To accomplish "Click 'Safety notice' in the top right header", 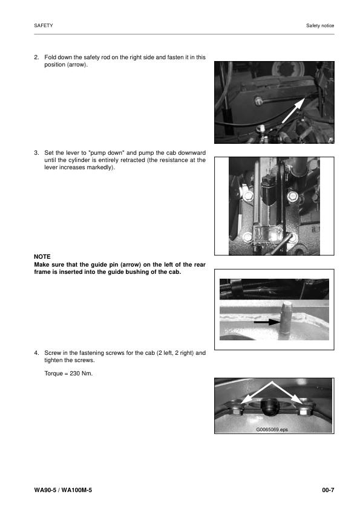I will click(320, 26).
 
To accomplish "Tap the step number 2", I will click(36, 57).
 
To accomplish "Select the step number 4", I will click(36, 352).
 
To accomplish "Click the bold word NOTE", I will click(42, 257).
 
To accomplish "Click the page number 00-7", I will click(328, 488).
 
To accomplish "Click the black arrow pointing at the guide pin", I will click(266, 323).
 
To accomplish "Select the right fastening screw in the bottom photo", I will click(303, 411).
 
